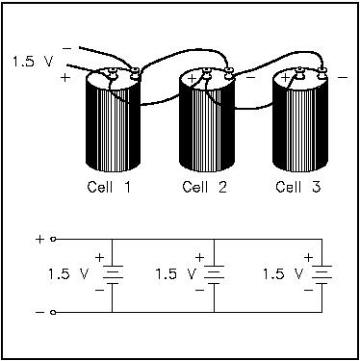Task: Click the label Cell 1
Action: coord(109,187)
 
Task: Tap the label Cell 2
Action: coord(204,187)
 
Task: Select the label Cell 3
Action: coord(298,187)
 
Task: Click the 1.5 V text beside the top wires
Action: coord(33,61)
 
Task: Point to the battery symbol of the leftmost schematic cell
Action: coord(113,274)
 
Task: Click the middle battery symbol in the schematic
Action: coord(214,274)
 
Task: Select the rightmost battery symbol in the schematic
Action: coord(321,274)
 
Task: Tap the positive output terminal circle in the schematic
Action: coord(54,239)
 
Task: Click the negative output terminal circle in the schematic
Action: coord(54,312)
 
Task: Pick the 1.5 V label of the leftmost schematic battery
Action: coord(68,274)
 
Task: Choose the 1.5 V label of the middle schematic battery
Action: coord(175,274)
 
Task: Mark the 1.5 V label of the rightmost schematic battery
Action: coord(283,274)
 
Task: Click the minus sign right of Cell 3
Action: coord(343,77)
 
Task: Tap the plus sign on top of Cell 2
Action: coord(192,79)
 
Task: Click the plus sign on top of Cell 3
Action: coord(285,78)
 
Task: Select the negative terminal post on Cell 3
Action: coord(321,73)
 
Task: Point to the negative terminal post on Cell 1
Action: coord(135,73)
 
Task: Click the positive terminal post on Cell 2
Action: coord(206,73)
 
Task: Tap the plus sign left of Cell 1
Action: coord(65,77)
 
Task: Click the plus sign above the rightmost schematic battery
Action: coord(308,257)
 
